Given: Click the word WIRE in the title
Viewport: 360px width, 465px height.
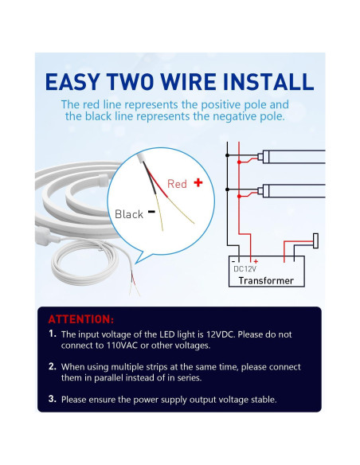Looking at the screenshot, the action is [189, 81].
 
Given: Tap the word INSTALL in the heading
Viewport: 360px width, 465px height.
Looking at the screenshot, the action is [268, 81].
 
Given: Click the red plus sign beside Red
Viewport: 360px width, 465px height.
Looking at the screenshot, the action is [198, 182].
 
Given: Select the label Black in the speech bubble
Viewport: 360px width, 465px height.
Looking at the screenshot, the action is [129, 214].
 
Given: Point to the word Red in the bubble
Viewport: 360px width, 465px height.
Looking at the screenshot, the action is [177, 184].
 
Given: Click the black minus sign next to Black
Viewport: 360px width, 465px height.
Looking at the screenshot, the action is [151, 212].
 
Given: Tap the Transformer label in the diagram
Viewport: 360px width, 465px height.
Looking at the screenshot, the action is [266, 280].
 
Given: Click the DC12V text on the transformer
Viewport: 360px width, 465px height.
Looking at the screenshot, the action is [245, 269].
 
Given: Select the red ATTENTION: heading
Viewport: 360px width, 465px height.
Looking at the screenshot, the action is [81, 319].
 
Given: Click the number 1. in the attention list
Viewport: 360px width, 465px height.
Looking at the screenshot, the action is [53, 334].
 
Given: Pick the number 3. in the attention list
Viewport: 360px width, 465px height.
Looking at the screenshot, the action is [53, 399].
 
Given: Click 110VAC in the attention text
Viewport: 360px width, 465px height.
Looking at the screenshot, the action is [122, 346].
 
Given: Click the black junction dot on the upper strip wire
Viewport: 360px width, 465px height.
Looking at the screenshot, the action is [228, 155].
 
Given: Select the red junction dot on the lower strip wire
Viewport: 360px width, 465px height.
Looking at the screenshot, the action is [239, 197].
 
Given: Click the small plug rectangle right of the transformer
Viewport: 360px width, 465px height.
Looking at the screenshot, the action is [316, 240].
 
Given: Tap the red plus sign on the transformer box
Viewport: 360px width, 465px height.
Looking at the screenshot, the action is [256, 261].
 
